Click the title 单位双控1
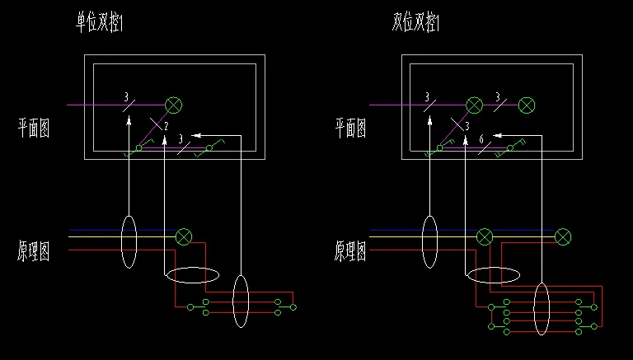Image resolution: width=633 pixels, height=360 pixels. (100, 23)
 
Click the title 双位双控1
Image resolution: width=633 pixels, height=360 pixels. (416, 23)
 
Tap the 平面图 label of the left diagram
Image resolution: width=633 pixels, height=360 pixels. (34, 128)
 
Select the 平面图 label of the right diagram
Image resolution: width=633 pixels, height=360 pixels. (350, 128)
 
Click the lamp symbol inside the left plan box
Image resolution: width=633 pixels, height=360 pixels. (174, 105)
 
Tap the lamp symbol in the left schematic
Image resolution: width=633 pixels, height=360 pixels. (183, 237)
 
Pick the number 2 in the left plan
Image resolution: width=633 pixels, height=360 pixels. (166, 126)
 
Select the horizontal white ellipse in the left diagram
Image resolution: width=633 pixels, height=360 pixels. (192, 276)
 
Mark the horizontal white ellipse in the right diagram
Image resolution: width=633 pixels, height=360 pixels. (493, 276)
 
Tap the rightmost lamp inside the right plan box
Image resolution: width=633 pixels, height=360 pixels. (527, 105)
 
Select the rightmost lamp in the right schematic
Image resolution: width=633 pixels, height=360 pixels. (563, 237)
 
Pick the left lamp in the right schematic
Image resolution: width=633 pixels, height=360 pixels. (485, 237)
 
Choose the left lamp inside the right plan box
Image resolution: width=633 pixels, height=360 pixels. (474, 105)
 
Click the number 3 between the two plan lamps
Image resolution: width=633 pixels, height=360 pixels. (496, 97)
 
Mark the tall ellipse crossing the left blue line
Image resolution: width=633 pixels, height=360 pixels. (129, 241)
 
